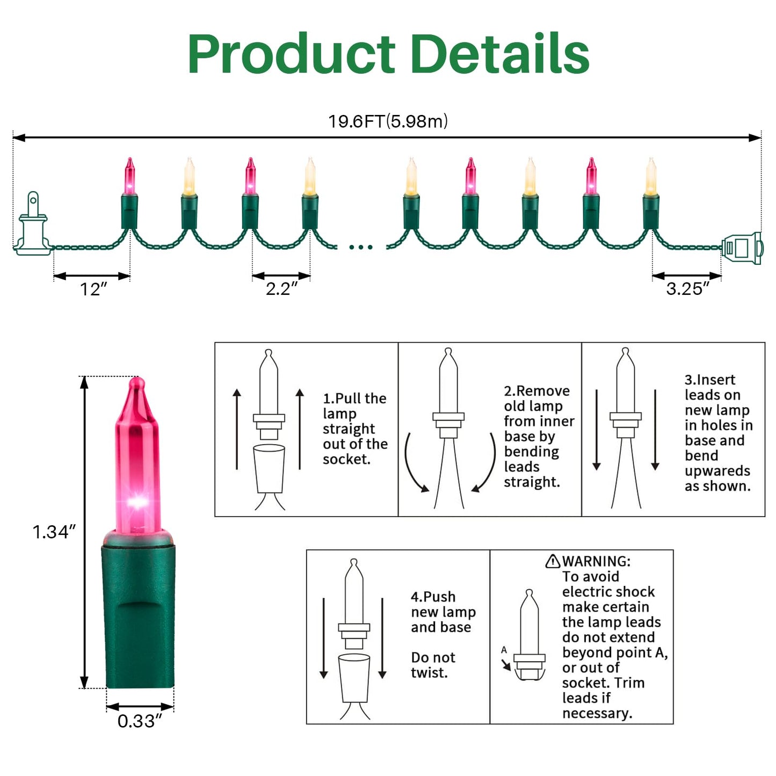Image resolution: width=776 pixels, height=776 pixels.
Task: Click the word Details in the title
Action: click(499, 53)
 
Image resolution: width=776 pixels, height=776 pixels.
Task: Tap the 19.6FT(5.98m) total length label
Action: click(388, 121)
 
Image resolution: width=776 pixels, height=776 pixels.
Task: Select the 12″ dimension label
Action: click(93, 289)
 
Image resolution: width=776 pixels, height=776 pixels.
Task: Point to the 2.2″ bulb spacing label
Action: click(281, 289)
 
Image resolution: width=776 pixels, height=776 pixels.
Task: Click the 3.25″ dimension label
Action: click(687, 289)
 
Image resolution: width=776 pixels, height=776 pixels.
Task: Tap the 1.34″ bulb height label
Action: click(54, 532)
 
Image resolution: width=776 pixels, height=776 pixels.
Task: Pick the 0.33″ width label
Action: click(139, 721)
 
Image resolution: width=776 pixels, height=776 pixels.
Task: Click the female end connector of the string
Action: click(742, 248)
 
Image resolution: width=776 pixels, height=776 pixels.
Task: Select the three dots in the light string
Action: click(360, 247)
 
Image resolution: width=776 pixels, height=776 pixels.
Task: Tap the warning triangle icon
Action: click(553, 561)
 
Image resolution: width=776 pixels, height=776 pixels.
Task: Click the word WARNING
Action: click(596, 561)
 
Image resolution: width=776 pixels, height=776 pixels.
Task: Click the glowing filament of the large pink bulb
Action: click(137, 502)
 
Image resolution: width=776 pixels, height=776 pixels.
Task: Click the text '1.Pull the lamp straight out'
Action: click(355, 429)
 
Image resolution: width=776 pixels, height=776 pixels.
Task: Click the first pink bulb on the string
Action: click(129, 176)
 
